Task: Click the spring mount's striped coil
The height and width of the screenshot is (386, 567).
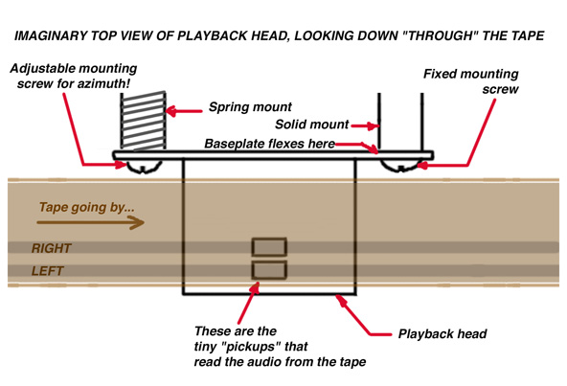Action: point(144,121)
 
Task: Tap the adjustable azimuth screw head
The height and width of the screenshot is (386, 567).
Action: point(144,167)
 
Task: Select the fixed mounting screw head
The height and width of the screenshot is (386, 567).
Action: point(401,166)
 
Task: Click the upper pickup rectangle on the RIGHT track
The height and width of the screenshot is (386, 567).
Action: point(269,247)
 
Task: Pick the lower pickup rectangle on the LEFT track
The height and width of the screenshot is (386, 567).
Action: point(269,270)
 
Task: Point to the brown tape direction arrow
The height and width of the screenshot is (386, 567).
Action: point(90,222)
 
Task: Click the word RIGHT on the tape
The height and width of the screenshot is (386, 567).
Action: point(52,248)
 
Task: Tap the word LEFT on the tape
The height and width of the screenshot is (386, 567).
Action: point(47,271)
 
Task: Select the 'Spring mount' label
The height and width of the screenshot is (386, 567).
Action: point(250,107)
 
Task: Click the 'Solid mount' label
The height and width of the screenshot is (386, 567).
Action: point(311,125)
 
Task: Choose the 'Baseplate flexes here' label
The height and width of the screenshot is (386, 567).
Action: point(269,144)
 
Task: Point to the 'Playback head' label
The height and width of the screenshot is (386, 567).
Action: point(442,333)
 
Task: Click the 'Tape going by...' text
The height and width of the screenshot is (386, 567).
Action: point(87,207)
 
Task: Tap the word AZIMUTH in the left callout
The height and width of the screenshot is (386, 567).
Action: point(103,83)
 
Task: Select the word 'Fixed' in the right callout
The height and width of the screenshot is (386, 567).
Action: point(439,74)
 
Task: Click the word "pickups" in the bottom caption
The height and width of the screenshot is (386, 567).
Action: point(253,347)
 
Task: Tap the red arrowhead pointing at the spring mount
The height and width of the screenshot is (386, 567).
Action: point(171,111)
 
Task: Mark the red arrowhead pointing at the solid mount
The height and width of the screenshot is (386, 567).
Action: point(373,125)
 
